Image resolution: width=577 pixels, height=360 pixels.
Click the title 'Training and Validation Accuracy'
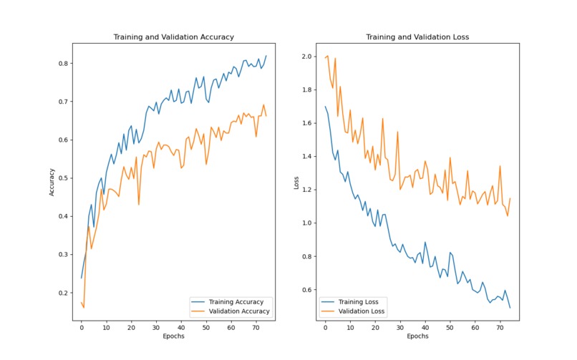pyautogui.click(x=174, y=37)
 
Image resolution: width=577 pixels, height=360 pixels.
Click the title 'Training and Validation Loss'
pyautogui.click(x=417, y=37)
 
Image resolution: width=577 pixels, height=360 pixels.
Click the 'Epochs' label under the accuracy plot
pyautogui.click(x=174, y=336)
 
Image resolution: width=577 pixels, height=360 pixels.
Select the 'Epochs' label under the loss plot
pyautogui.click(x=417, y=336)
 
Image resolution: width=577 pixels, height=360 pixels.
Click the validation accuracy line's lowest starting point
pyautogui.click(x=84, y=308)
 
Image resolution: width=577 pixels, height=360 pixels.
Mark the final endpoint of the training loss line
pyautogui.click(x=510, y=308)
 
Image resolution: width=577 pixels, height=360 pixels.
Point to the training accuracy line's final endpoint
pyautogui.click(x=266, y=56)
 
